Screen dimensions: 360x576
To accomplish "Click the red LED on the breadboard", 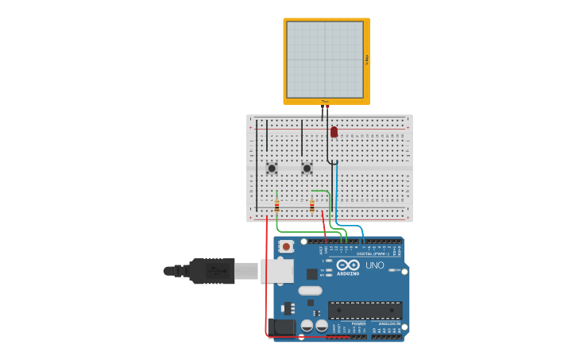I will [334, 132].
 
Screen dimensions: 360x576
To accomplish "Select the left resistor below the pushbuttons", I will [276, 206].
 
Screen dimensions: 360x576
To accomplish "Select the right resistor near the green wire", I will [312, 206].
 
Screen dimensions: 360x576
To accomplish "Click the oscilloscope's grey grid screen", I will [325, 60].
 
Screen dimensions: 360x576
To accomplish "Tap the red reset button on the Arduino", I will [286, 247].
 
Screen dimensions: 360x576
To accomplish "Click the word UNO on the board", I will [375, 265].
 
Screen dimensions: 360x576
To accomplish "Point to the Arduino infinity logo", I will [348, 265].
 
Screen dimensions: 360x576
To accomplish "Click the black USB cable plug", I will [211, 271].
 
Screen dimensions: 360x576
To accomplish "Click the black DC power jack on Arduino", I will [280, 327].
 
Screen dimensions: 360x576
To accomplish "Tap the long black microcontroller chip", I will [365, 310].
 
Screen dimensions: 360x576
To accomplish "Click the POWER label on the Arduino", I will [358, 323].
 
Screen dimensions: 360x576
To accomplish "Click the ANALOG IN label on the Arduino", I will [389, 323].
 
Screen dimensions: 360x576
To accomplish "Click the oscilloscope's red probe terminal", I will [327, 105].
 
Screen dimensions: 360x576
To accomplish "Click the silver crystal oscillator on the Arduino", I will [311, 290].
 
